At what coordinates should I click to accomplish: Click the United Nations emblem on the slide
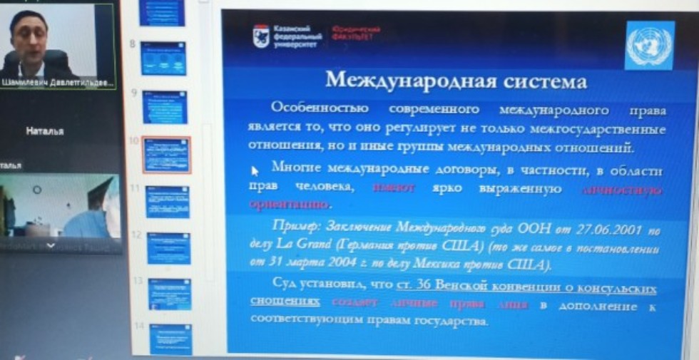click(x=648, y=45)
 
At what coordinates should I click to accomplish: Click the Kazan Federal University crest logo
click(x=261, y=36)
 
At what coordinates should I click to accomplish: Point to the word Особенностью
click(x=319, y=108)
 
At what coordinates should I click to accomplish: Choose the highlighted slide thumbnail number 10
click(x=166, y=155)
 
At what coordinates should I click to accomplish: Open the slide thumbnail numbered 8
click(x=163, y=58)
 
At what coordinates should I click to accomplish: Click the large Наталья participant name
click(x=45, y=131)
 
